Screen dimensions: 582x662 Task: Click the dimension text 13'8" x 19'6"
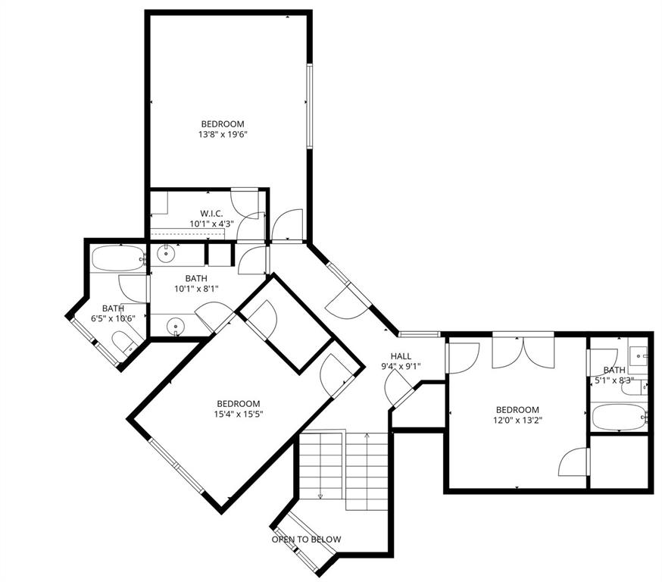pos(223,135)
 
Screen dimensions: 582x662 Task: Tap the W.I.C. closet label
pos(211,213)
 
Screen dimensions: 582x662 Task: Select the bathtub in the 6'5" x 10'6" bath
pos(117,259)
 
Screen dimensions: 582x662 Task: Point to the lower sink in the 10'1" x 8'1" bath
pos(176,327)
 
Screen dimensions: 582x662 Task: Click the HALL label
pos(401,356)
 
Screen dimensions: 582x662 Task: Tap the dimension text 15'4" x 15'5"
pos(239,414)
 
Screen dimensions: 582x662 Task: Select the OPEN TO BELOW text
pos(306,540)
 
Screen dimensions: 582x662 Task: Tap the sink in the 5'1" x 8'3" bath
pos(638,354)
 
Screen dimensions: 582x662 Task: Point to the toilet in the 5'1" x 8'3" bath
pos(633,388)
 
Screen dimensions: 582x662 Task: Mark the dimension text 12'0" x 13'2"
pos(518,419)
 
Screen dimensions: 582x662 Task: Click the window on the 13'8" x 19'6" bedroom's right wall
pos(309,106)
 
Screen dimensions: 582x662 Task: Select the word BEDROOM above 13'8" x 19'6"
pos(223,124)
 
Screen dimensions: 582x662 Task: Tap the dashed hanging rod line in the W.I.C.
pos(189,235)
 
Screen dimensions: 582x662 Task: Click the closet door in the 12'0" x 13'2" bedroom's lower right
pos(574,462)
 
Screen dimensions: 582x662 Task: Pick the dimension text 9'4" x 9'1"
pos(401,367)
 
